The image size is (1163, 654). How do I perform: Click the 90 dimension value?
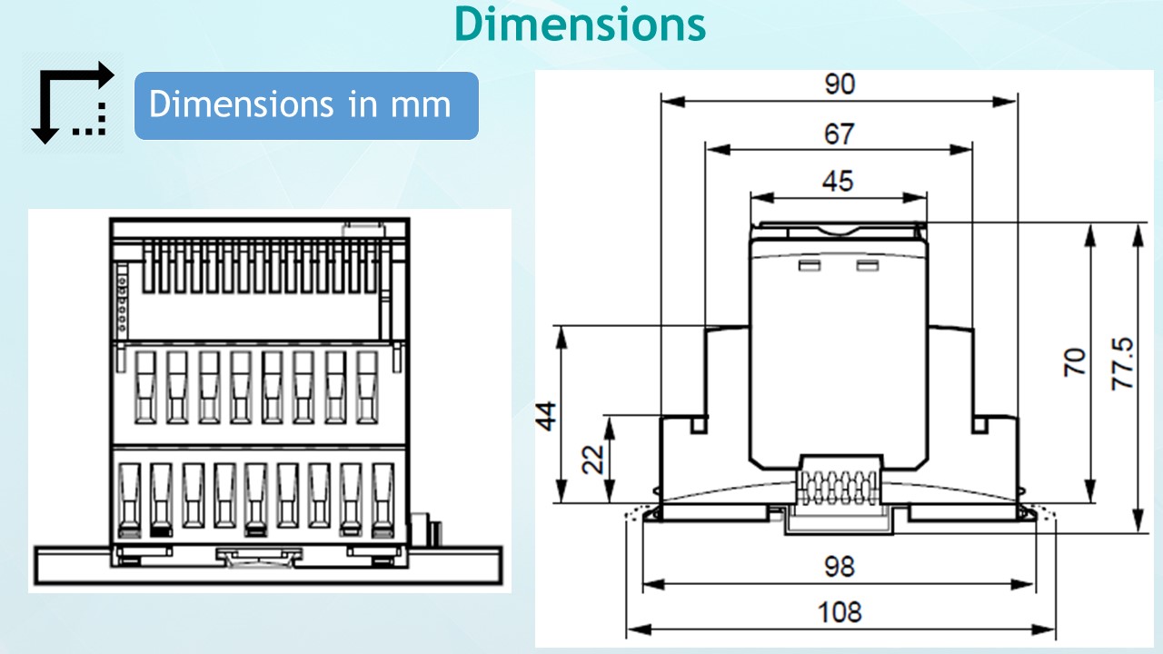pyautogui.click(x=840, y=84)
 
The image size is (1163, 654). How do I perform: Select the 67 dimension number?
pyautogui.click(x=840, y=134)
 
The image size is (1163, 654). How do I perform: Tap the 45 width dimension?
pyautogui.click(x=838, y=181)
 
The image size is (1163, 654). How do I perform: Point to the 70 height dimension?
pyautogui.click(x=1075, y=362)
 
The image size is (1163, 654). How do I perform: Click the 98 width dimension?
pyautogui.click(x=840, y=566)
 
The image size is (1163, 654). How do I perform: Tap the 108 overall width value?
pyautogui.click(x=840, y=611)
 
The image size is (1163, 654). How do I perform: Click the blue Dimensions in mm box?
pyautogui.click(x=306, y=105)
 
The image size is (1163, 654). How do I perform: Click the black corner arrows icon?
pyautogui.click(x=72, y=104)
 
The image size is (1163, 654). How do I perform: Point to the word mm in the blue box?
pyautogui.click(x=421, y=105)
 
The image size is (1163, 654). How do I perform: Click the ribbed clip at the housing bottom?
pyautogui.click(x=839, y=481)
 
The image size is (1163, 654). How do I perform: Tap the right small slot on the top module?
pyautogui.click(x=868, y=265)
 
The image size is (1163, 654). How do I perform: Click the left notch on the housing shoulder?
pyautogui.click(x=699, y=423)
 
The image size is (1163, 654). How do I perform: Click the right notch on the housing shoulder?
pyautogui.click(x=981, y=423)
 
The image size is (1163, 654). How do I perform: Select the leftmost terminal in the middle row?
pyautogui.click(x=146, y=387)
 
